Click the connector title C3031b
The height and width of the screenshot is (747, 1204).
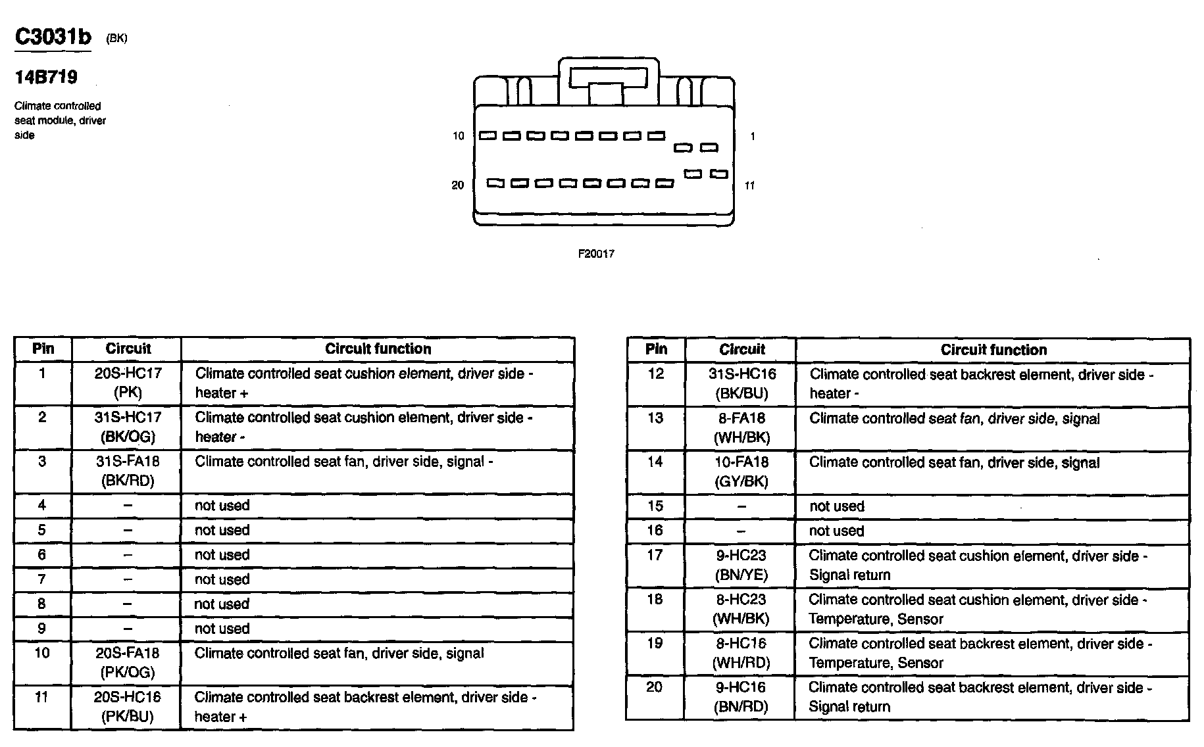[53, 37]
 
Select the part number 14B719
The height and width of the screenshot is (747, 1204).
[46, 78]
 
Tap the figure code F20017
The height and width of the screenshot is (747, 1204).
[596, 254]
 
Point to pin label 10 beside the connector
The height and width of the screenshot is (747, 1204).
[458, 136]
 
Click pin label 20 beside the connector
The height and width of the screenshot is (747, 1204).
[457, 185]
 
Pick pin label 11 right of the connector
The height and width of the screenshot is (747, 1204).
[749, 185]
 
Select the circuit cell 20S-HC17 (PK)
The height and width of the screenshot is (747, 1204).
[128, 383]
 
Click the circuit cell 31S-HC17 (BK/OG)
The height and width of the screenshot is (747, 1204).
[128, 427]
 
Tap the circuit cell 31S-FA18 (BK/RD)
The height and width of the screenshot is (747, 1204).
[128, 471]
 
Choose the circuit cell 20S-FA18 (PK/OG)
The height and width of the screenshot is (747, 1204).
[128, 662]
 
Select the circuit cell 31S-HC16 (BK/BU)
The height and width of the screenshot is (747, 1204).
[741, 383]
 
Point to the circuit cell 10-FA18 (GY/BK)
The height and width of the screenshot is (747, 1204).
[741, 471]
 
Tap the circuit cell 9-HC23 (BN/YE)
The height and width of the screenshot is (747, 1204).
[741, 565]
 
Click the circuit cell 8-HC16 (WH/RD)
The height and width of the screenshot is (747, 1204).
[741, 653]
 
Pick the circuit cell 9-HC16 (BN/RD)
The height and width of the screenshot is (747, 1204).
[741, 697]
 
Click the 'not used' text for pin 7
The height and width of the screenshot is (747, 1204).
[222, 579]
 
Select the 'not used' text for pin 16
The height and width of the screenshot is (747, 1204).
[836, 531]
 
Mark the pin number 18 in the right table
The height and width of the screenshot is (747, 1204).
[655, 599]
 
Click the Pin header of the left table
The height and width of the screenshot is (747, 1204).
[43, 349]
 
